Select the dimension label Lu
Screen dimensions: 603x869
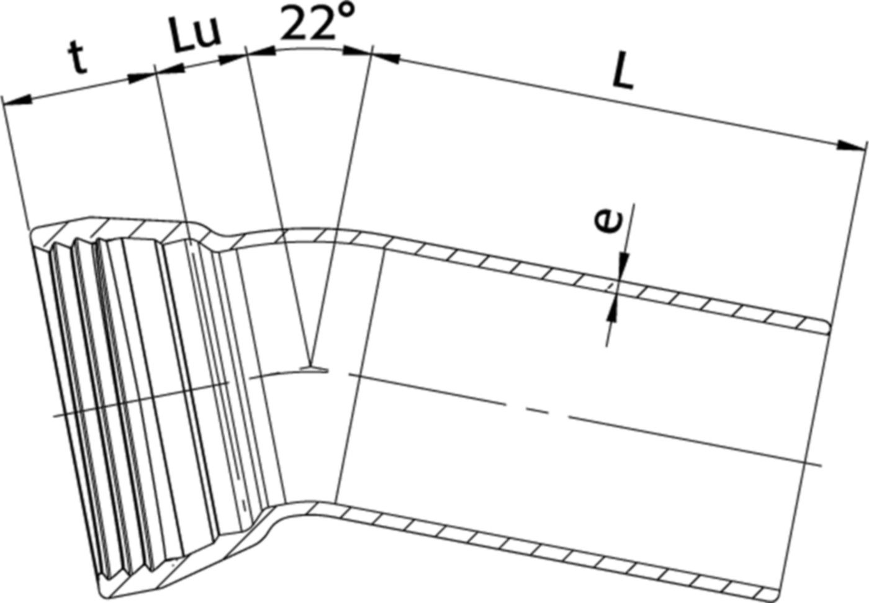point(195,35)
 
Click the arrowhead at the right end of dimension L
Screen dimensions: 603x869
point(852,146)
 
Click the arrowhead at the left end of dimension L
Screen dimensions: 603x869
point(385,57)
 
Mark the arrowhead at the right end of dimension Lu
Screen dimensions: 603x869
point(233,58)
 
